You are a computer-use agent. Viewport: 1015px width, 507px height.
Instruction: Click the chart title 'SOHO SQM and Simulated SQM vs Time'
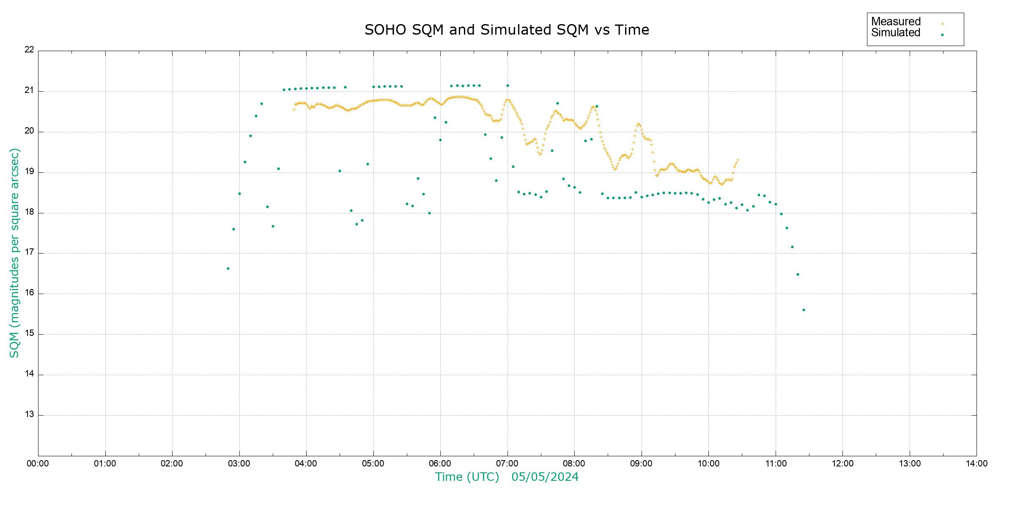(507, 30)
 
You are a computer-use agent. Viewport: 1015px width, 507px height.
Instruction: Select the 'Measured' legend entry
(896, 22)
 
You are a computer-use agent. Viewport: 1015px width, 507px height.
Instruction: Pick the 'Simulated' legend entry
(896, 33)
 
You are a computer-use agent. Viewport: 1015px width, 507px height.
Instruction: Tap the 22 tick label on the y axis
(29, 49)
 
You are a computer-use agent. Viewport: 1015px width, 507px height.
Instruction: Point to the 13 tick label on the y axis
(29, 414)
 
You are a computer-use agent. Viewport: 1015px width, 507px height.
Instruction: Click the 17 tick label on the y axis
(29, 252)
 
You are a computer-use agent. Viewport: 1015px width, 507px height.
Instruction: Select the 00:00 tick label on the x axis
(38, 463)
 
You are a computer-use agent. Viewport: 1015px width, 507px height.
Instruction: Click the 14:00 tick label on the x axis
(977, 463)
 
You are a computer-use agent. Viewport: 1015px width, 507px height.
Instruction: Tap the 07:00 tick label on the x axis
(507, 463)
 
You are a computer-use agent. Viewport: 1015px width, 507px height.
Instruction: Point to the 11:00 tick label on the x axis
(776, 463)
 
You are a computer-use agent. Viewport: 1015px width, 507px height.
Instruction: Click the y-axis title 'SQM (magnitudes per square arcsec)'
(15, 253)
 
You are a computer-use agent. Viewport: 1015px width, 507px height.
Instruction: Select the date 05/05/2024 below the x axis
(545, 477)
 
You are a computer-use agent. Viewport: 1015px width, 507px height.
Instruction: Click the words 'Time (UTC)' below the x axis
(467, 477)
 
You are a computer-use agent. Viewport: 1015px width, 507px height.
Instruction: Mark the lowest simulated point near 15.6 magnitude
(804, 310)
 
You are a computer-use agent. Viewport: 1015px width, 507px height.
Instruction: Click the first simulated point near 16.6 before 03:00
(228, 269)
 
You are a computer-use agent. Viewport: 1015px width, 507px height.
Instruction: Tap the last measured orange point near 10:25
(738, 160)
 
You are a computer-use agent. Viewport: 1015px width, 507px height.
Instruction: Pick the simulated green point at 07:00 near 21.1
(507, 86)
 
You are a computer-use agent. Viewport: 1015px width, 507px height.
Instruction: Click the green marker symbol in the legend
(942, 35)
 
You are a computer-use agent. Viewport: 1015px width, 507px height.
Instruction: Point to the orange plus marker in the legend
(942, 24)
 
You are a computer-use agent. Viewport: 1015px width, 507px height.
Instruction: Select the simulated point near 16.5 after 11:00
(798, 275)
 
